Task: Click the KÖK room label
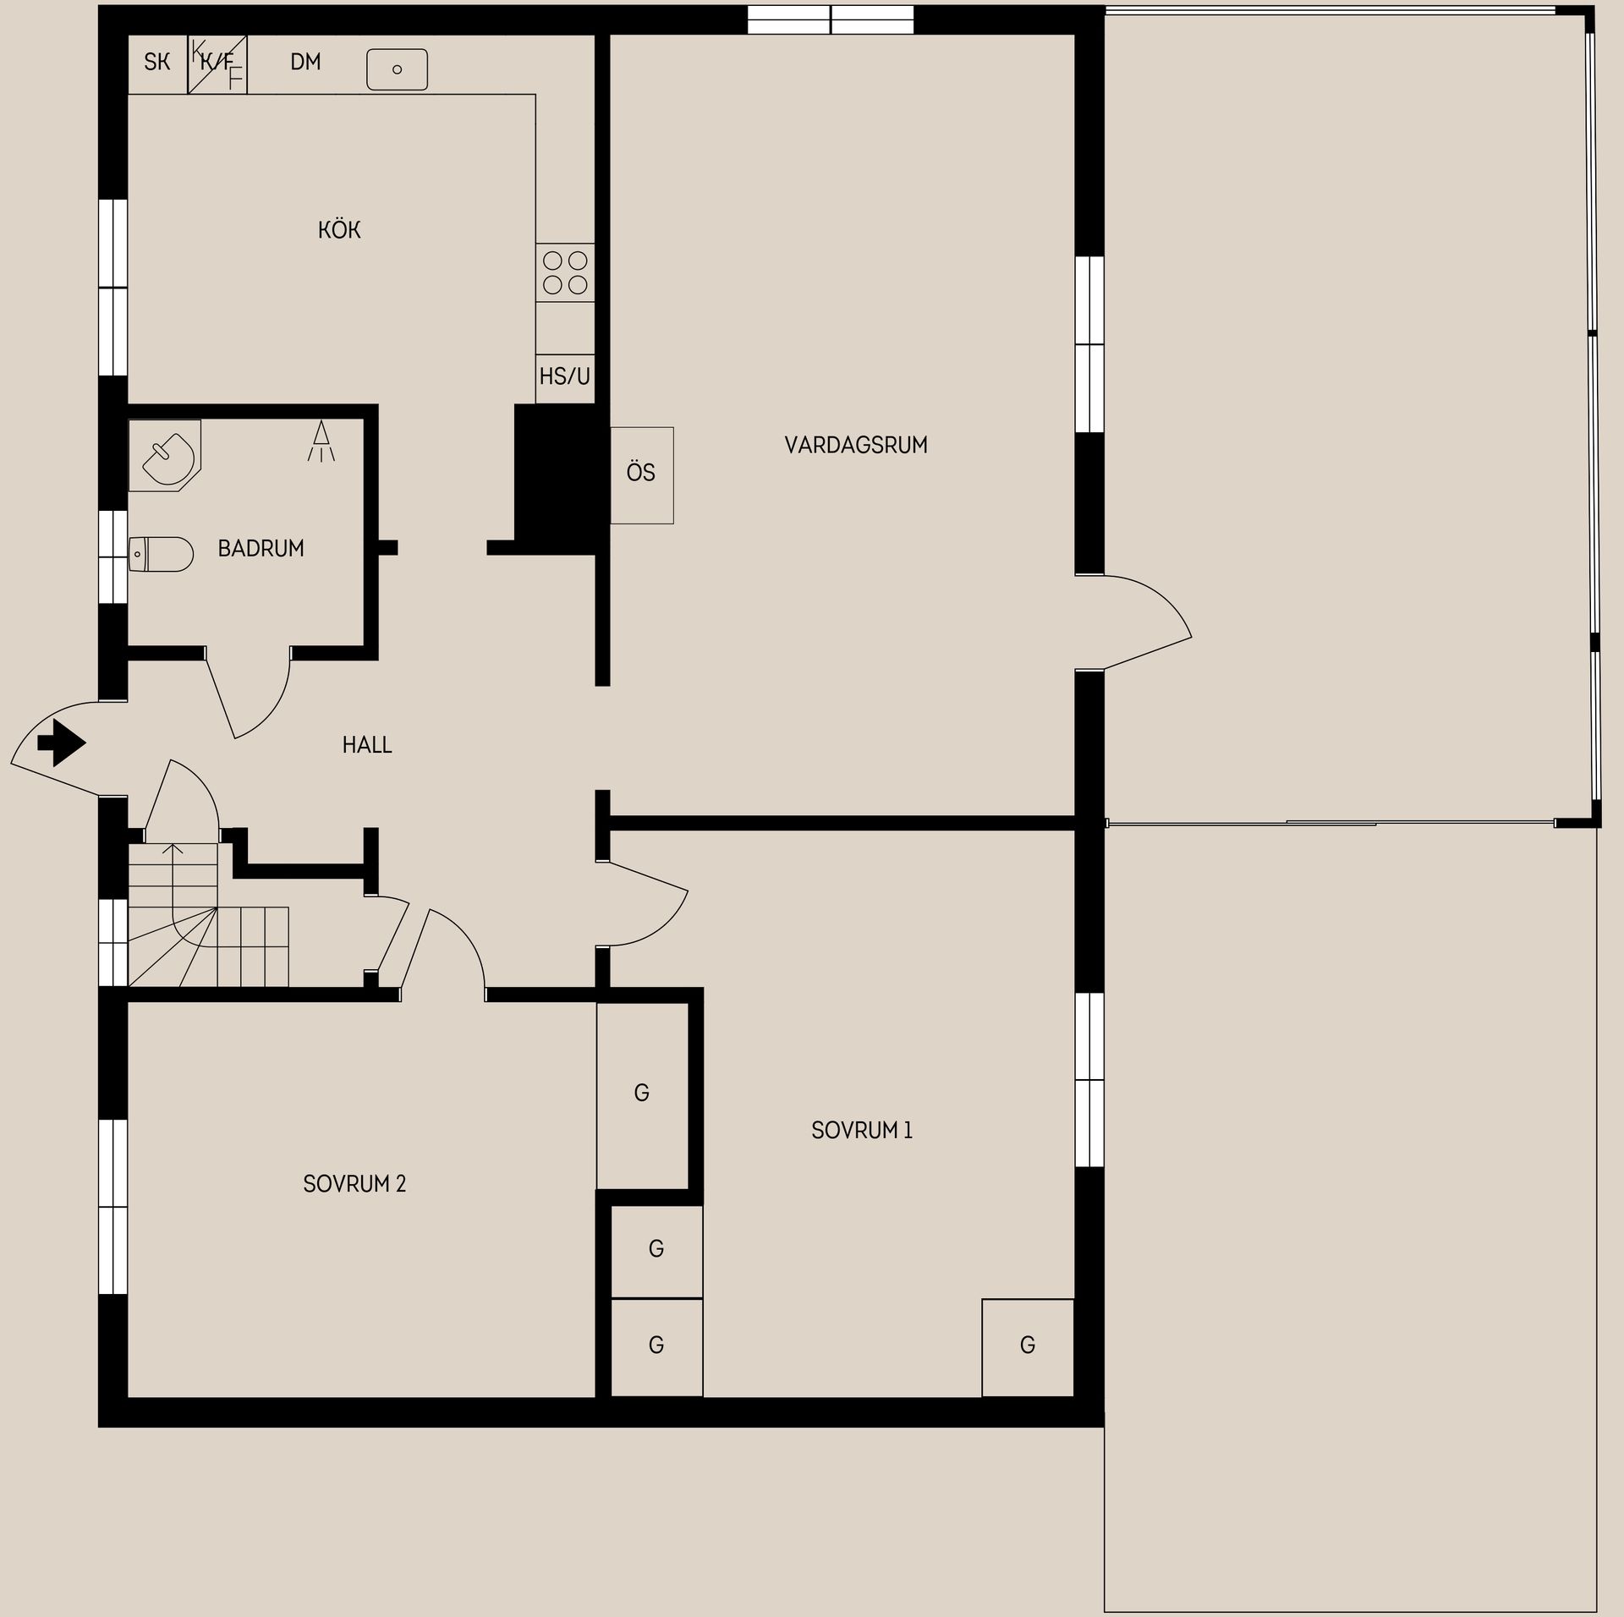point(339,230)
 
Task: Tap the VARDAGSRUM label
point(856,446)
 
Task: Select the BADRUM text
point(261,549)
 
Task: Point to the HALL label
point(367,745)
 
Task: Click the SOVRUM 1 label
point(862,1131)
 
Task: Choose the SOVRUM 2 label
point(354,1184)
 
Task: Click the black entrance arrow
point(62,743)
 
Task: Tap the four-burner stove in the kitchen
point(565,272)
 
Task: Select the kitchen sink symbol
point(397,69)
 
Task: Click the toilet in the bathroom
point(161,554)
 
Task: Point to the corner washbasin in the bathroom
point(166,455)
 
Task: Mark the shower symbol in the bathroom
point(321,441)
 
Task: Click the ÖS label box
point(642,475)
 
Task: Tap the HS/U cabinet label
point(565,376)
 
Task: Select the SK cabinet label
point(157,63)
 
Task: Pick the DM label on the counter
point(305,62)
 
